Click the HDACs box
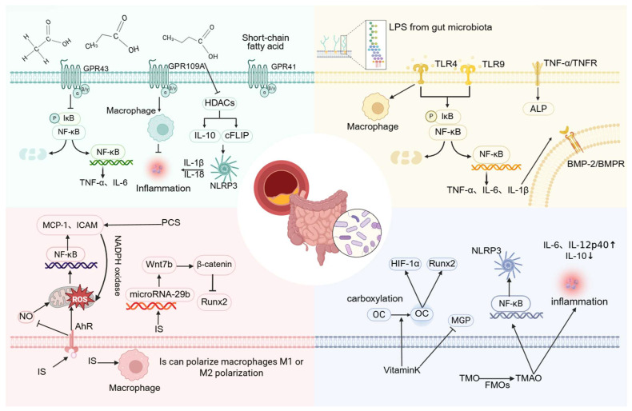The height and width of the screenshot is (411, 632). pyautogui.click(x=219, y=103)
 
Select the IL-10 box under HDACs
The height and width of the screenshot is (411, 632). pyautogui.click(x=205, y=136)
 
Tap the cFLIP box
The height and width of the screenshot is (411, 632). pyautogui.click(x=237, y=136)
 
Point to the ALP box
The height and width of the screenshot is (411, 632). pyautogui.click(x=538, y=109)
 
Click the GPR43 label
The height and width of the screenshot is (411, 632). pyautogui.click(x=96, y=69)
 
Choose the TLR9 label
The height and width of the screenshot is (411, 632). pyautogui.click(x=493, y=64)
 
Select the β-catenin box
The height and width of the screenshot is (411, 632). pyautogui.click(x=214, y=265)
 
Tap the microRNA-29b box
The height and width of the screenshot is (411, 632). pyautogui.click(x=160, y=294)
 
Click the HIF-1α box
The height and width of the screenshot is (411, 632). pyautogui.click(x=405, y=264)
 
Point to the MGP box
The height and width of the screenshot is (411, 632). pyautogui.click(x=461, y=321)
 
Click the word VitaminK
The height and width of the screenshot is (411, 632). pyautogui.click(x=402, y=370)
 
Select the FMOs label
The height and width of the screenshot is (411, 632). pyautogui.click(x=497, y=385)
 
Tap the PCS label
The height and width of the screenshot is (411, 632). pyautogui.click(x=170, y=222)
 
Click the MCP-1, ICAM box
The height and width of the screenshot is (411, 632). pyautogui.click(x=70, y=225)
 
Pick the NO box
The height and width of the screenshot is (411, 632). pyautogui.click(x=26, y=317)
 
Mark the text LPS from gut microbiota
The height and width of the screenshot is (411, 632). pyautogui.click(x=440, y=27)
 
